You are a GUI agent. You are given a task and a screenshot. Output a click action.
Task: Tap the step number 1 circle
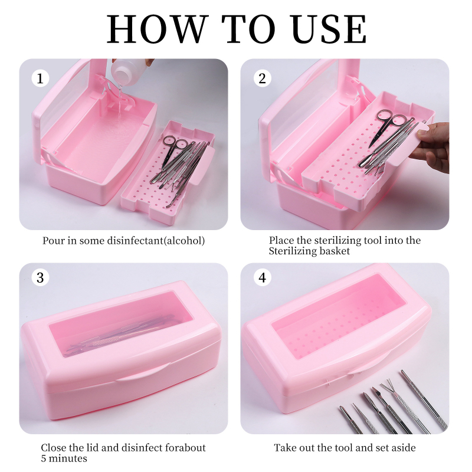(x=40, y=78)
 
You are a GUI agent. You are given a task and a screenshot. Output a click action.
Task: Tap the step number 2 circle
(x=262, y=78)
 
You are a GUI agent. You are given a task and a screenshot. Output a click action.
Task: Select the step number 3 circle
(x=40, y=277)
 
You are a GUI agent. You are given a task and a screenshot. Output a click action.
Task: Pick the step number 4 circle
(x=262, y=277)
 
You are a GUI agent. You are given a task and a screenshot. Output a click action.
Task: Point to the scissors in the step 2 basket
(x=388, y=126)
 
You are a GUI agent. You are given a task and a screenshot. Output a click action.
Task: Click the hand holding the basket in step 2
(x=432, y=147)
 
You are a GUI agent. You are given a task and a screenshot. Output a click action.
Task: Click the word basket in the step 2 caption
(x=335, y=251)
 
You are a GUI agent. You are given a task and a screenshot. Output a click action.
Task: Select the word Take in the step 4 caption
(x=284, y=448)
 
